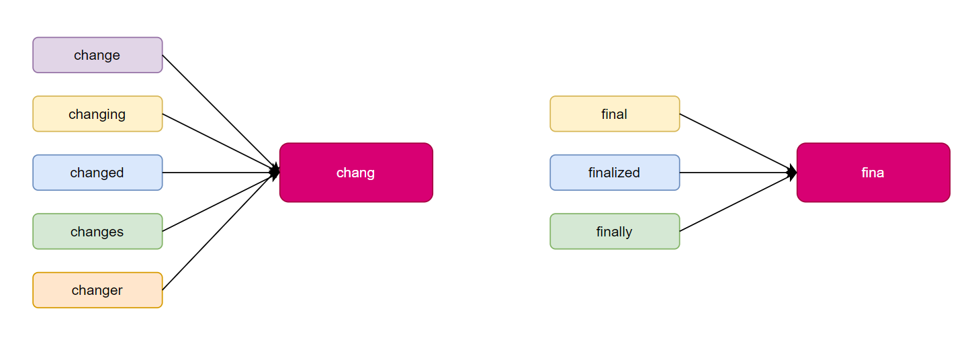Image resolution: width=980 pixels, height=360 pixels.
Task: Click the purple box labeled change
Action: [97, 55]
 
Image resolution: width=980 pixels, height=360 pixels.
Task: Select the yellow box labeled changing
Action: [97, 114]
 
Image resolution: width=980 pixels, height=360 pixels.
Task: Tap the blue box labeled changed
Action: [97, 173]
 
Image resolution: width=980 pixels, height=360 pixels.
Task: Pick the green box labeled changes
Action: [97, 232]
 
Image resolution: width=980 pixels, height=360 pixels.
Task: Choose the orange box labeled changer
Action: [97, 290]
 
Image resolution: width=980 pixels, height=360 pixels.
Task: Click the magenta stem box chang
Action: [356, 173]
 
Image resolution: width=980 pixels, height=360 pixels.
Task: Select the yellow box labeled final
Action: [615, 114]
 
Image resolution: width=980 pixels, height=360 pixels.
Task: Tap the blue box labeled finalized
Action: [615, 173]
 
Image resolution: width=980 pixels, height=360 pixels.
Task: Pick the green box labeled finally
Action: [615, 232]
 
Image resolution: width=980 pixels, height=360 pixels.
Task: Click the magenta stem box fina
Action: [873, 173]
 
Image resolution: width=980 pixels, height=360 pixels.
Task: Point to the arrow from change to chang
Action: [221, 114]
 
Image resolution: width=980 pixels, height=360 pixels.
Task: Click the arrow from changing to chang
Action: [221, 143]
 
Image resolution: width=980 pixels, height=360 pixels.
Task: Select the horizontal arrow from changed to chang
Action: [221, 173]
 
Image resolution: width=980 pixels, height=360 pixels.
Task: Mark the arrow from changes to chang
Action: [221, 201]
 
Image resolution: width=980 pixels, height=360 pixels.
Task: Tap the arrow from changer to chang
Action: [221, 232]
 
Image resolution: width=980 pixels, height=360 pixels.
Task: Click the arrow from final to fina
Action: [738, 143]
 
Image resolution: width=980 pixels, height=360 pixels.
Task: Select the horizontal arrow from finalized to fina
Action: [738, 173]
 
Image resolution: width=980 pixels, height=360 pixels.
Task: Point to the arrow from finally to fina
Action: [738, 201]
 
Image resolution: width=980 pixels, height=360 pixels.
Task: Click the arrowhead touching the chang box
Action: [275, 173]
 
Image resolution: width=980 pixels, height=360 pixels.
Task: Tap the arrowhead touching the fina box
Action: [792, 173]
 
